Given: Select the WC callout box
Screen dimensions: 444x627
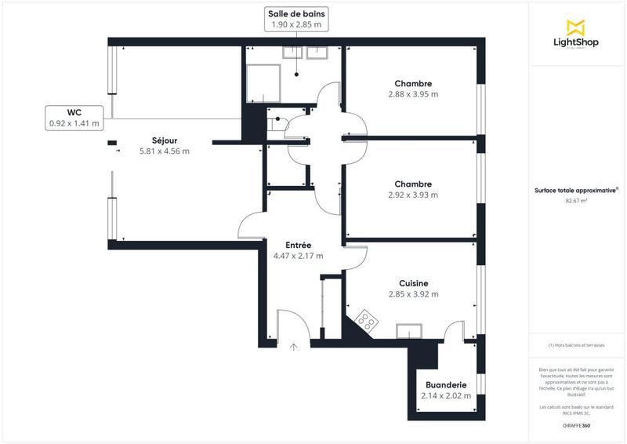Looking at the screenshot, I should pos(74,117).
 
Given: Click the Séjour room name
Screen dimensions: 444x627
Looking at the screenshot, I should pos(164,140).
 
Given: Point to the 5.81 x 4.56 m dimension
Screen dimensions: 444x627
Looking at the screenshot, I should pos(164,151).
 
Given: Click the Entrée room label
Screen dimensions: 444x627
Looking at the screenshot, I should pos(298,245).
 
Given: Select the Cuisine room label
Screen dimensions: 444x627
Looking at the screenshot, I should pos(413,283).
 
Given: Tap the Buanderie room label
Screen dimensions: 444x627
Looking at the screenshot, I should pos(446,384).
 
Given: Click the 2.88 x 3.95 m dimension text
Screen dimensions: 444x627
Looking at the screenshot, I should pos(413,94).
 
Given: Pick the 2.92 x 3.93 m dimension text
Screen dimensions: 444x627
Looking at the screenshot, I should pos(413,195).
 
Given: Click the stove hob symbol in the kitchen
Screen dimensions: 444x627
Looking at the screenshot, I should pos(366,321).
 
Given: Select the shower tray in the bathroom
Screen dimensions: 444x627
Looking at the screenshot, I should pos(263,83).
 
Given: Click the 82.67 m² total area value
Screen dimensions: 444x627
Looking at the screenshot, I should pos(577,201).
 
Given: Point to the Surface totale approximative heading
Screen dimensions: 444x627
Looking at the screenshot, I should pos(577,189).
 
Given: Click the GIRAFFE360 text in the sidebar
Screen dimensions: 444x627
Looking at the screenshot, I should pos(577,424).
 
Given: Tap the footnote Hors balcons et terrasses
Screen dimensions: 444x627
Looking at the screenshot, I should pos(577,345).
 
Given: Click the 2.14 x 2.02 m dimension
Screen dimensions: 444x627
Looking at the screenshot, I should pos(446,395).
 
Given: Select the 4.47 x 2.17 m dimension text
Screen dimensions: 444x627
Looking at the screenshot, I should pos(298,256).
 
